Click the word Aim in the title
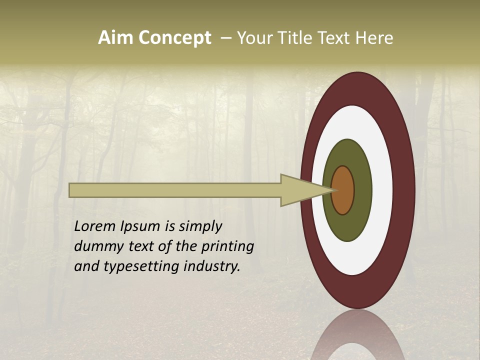pyautogui.click(x=116, y=38)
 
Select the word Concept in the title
pyautogui.click(x=174, y=38)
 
